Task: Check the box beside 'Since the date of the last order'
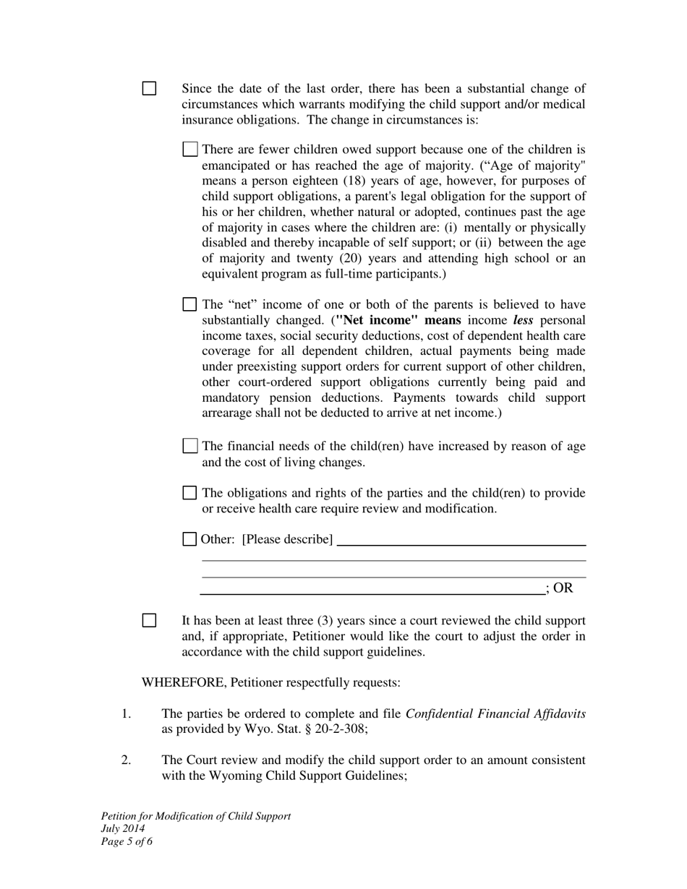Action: [x=149, y=89]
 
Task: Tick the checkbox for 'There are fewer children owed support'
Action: [x=190, y=150]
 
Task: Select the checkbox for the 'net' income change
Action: [x=190, y=304]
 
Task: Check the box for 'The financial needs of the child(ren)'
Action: [x=190, y=446]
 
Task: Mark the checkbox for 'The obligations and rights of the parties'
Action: [x=190, y=493]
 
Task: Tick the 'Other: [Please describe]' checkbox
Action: [x=189, y=538]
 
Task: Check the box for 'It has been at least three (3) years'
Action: [x=149, y=620]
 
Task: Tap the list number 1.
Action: [x=126, y=714]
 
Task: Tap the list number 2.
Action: [x=126, y=760]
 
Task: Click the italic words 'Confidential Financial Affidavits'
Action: [x=495, y=714]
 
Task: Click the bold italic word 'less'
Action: [x=523, y=319]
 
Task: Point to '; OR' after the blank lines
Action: [x=560, y=588]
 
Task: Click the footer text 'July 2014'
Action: [x=123, y=828]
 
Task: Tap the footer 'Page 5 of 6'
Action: [x=127, y=841]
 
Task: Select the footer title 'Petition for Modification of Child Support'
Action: [x=196, y=816]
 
